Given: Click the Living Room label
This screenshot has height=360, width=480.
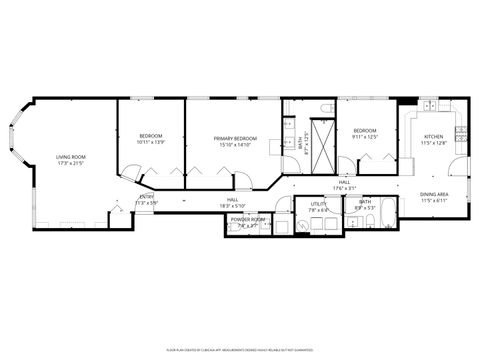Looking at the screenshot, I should tap(70, 156).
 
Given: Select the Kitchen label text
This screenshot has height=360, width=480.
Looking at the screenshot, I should tap(433, 136).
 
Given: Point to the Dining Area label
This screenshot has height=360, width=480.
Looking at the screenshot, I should tap(434, 194).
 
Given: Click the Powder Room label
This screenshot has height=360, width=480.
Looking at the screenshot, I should tap(248, 219).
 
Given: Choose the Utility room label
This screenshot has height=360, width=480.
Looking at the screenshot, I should tap(318, 204).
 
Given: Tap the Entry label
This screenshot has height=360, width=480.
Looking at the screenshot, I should tap(147, 197).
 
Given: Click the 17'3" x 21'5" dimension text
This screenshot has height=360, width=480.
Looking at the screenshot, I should tap(70, 163).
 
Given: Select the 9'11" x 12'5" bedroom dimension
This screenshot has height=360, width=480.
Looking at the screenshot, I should tap(364, 138).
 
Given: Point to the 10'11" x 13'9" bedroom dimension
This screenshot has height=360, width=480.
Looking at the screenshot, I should tap(150, 142).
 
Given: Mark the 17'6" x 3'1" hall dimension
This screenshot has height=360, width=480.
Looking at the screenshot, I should tap(344, 188).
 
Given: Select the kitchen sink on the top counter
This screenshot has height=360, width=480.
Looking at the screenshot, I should tap(429, 104).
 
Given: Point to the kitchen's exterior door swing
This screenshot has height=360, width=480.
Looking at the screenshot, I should tap(458, 170).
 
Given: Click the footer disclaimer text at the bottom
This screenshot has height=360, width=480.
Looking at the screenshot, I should tap(240, 349).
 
